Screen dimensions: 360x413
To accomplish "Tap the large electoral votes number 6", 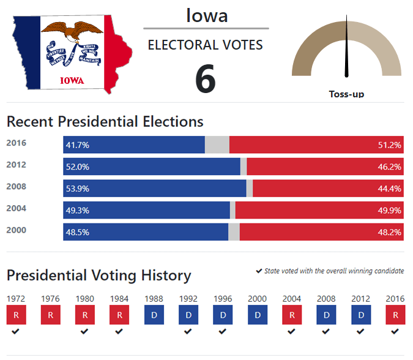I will (x=206, y=78).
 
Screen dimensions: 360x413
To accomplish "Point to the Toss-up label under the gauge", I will (x=346, y=94).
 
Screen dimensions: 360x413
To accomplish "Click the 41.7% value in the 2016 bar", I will (x=78, y=145).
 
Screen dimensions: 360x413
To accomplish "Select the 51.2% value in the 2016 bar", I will (x=389, y=145).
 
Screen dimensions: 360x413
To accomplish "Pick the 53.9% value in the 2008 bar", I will (x=78, y=189).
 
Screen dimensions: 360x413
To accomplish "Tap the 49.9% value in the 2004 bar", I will (x=389, y=210).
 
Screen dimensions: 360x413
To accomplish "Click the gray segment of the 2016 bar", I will (x=217, y=145).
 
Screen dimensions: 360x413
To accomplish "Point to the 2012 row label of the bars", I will (x=16, y=165).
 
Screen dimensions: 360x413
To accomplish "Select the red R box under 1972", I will (x=15, y=315).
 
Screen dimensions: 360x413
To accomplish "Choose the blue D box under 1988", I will (x=154, y=315).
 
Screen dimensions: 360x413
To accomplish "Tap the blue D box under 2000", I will (x=257, y=315).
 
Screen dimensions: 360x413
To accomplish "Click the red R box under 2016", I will (x=395, y=315).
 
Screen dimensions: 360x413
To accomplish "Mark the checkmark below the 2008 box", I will (x=326, y=331).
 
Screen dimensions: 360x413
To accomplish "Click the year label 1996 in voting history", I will (x=223, y=299).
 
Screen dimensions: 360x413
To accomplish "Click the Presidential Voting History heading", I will (x=99, y=276).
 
